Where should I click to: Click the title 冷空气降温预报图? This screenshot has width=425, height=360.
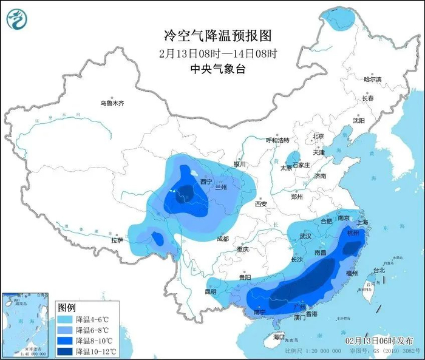212,35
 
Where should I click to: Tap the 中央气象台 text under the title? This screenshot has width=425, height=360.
212,69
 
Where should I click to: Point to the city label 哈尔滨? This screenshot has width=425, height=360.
372,80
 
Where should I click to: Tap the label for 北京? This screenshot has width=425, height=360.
318,136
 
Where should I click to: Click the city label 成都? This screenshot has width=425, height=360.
223,239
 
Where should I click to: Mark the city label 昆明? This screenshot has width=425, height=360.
210,291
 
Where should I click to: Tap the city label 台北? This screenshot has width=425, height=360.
378,270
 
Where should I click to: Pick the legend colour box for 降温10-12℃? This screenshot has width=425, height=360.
65,352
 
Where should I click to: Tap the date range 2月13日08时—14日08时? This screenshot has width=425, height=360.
212,53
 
